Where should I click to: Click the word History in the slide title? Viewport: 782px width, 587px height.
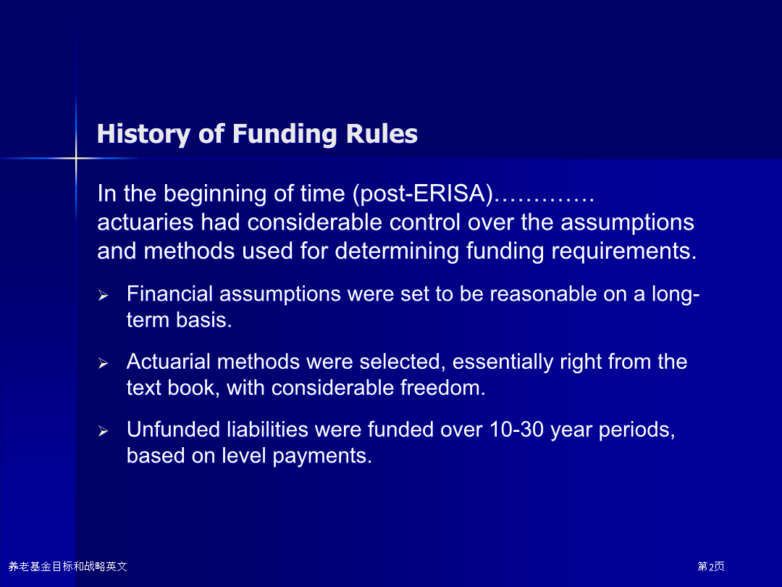(x=143, y=134)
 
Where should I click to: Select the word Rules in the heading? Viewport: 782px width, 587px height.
(x=382, y=134)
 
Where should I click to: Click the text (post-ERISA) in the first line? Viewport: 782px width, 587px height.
(x=423, y=193)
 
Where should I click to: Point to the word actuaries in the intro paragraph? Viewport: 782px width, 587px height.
(x=145, y=222)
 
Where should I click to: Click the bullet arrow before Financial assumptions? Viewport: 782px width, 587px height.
(x=104, y=296)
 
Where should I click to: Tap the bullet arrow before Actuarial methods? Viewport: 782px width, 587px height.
(x=104, y=363)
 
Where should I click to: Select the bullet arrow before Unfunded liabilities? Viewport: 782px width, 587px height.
(x=104, y=431)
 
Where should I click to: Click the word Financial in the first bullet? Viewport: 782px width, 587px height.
(x=170, y=293)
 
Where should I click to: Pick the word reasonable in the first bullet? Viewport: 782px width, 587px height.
(x=543, y=293)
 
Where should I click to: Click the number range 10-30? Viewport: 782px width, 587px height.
(x=517, y=429)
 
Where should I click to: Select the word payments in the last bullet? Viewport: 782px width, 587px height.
(x=322, y=457)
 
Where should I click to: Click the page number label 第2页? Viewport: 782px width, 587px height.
(x=711, y=566)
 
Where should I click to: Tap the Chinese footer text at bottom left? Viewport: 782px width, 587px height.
(x=68, y=566)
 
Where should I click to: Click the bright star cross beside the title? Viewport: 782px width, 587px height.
(x=76, y=158)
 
